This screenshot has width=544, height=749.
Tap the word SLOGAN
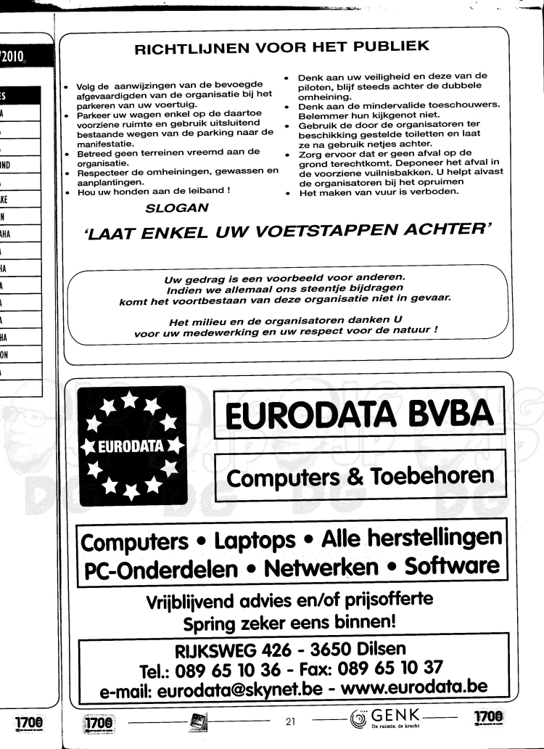(177, 208)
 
